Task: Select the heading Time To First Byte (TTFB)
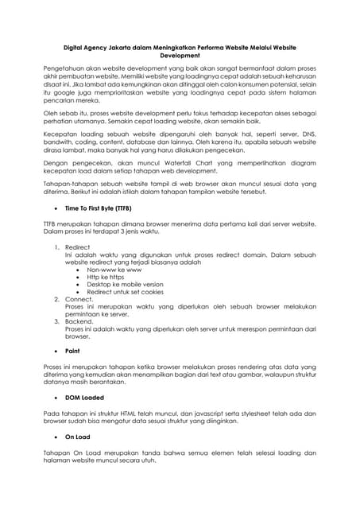click(x=99, y=208)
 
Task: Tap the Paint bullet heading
click(x=73, y=351)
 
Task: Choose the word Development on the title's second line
click(x=180, y=56)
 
